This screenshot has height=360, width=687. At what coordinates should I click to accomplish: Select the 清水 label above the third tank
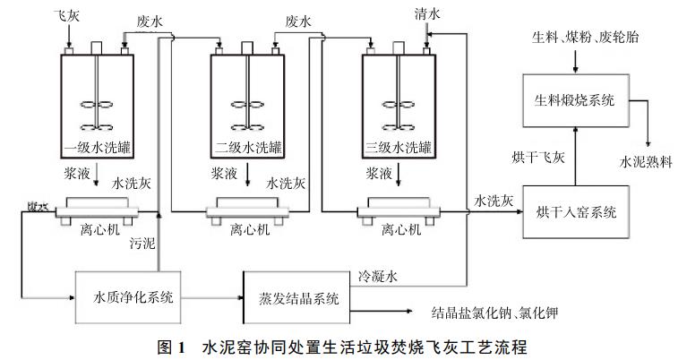click(x=427, y=16)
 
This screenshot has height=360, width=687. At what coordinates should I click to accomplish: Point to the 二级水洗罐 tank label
click(x=243, y=146)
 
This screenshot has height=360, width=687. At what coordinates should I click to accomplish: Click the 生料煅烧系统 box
click(x=575, y=100)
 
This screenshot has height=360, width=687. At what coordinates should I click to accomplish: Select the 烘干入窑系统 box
click(x=575, y=212)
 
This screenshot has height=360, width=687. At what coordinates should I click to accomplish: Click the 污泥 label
click(x=142, y=242)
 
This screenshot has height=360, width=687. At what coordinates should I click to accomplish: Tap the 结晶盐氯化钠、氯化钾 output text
click(x=501, y=313)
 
